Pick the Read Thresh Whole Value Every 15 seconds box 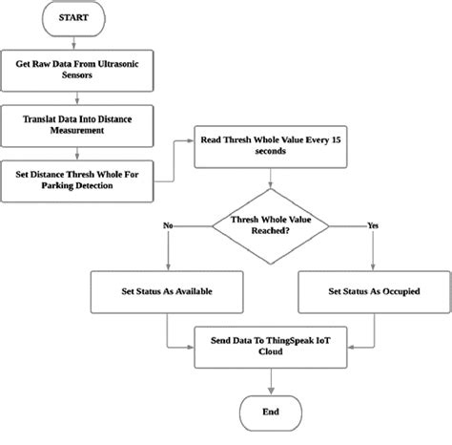point(275,145)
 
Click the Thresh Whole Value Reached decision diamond point(275,225)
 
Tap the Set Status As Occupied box point(374,291)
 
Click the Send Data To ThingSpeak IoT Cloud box point(275,346)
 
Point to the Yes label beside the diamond point(373,224)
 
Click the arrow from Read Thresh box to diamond point(275,180)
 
